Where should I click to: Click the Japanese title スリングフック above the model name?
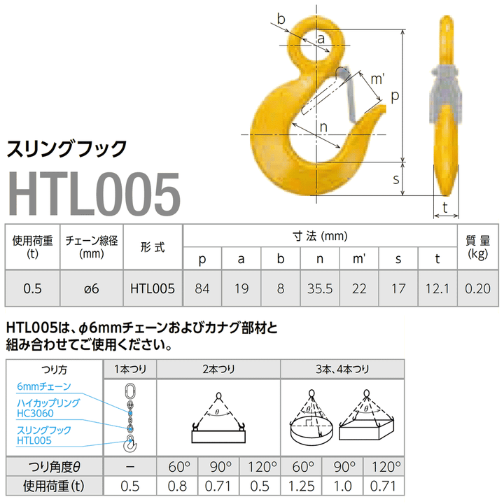coord(66,148)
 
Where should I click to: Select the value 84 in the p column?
coord(202,287)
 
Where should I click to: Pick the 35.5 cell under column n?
coord(319,287)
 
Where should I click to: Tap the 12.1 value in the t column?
coord(437,287)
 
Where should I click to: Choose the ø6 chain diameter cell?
coord(92,287)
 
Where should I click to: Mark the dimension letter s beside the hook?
coord(395,179)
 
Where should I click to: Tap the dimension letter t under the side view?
coord(444,206)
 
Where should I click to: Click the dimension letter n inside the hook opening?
coord(323,127)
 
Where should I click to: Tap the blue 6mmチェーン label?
coord(45,386)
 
